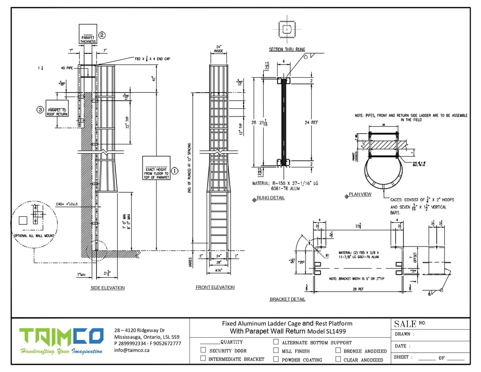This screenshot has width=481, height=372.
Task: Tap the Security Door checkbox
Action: (x=203, y=350)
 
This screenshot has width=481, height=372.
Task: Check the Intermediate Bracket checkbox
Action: (x=203, y=359)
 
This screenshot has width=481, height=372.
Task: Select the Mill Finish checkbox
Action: (x=276, y=350)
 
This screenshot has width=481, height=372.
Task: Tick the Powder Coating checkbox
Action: (x=276, y=359)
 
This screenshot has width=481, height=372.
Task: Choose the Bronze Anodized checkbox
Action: (x=338, y=350)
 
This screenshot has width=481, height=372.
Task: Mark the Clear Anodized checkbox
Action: (x=338, y=359)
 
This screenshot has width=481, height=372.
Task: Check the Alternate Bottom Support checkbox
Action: (x=276, y=342)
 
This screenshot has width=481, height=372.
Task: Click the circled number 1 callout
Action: (x=176, y=171)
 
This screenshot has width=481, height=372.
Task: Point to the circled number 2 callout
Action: (x=102, y=34)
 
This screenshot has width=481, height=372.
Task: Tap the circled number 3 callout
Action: (x=40, y=109)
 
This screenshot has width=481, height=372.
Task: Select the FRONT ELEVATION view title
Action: (x=215, y=287)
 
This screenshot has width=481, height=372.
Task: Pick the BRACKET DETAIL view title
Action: (x=287, y=299)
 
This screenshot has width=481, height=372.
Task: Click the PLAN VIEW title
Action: (x=360, y=195)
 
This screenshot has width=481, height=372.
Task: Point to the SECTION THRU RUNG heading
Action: (x=287, y=49)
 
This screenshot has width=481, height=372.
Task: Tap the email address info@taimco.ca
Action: (x=132, y=349)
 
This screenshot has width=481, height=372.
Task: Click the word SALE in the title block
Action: (x=404, y=324)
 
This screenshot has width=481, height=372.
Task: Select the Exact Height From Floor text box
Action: (x=156, y=168)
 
